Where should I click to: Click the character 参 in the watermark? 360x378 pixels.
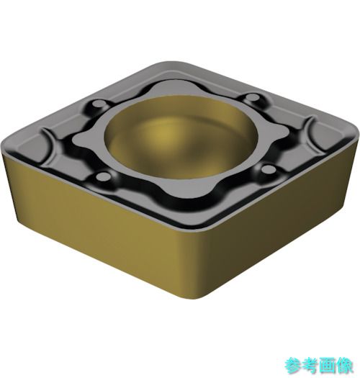click(293, 366)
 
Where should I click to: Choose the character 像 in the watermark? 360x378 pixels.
click(345, 366)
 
